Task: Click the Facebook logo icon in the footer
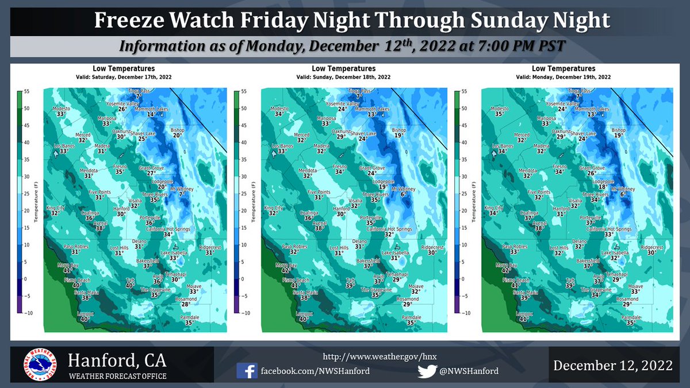pos(247,371)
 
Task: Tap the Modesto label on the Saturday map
pos(62,109)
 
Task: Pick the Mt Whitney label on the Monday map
pos(623,189)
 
